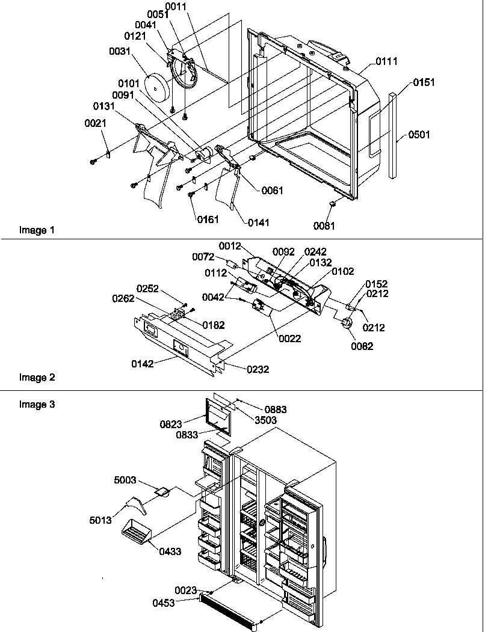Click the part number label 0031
(120, 52)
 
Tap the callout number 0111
(386, 62)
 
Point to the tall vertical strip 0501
(393, 135)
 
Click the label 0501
(419, 135)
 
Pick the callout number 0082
(363, 346)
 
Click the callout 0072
(203, 257)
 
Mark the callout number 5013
(100, 520)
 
